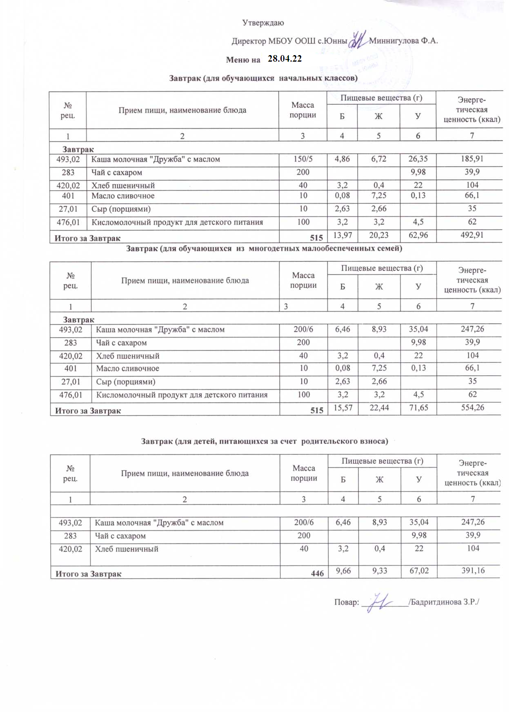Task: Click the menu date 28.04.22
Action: click(285, 59)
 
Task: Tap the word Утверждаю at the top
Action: click(263, 23)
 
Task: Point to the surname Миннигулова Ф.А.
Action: click(403, 41)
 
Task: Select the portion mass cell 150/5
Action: click(303, 159)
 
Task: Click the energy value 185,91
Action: click(472, 159)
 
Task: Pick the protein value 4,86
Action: click(342, 159)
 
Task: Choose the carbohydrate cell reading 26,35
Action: click(418, 159)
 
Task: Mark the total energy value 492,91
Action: click(472, 235)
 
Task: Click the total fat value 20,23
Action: click(379, 235)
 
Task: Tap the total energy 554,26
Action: click(473, 407)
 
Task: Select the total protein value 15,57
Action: click(343, 407)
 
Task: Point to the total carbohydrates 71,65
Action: click(418, 407)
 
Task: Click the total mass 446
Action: click(317, 574)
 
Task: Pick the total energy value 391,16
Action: click(473, 571)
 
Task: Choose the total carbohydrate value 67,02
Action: click(419, 571)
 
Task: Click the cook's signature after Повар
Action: click(379, 603)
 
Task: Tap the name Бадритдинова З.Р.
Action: click(445, 602)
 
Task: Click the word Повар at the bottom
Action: click(346, 603)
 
